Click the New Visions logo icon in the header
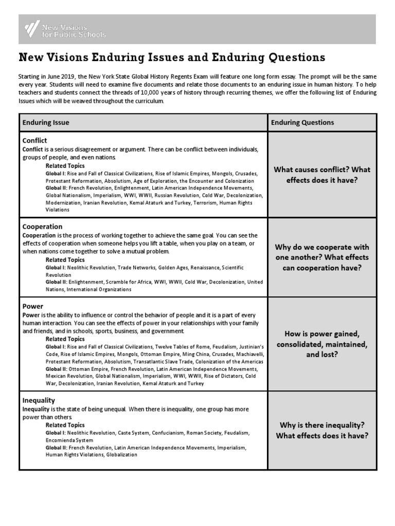pyautogui.click(x=32, y=29)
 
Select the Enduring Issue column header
pyautogui.click(x=46, y=123)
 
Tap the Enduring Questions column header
pyautogui.click(x=302, y=123)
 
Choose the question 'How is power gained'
pyautogui.click(x=321, y=334)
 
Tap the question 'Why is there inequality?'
pyautogui.click(x=321, y=425)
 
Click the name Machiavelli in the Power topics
pyautogui.click(x=248, y=354)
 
